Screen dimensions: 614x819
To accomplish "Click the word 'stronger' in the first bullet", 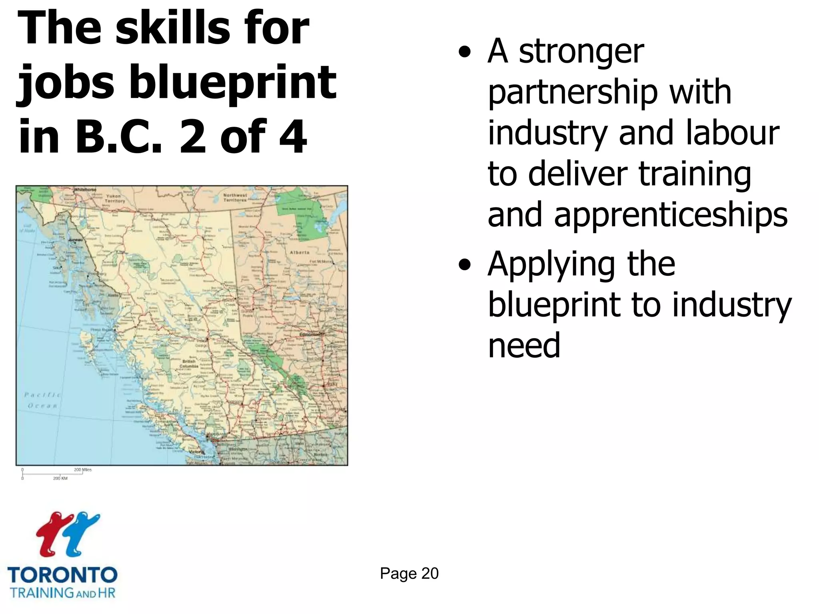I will tap(581, 52).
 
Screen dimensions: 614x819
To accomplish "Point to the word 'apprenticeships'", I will tap(637, 215).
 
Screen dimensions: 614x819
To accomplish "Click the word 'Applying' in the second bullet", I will tap(551, 265).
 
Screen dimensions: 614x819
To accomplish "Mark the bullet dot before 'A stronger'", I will tap(464, 52).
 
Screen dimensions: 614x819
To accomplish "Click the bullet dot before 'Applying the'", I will tap(464, 265).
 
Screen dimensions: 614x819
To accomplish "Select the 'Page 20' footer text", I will tap(409, 573).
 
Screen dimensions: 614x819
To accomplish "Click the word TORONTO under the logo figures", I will tap(62, 575).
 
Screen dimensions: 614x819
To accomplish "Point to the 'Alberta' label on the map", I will tap(300, 253).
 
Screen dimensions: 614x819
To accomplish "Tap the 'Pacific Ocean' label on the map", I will tap(42, 400).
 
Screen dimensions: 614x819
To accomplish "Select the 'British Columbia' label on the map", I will tap(189, 363).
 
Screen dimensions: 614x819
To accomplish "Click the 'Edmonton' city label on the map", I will tap(310, 334).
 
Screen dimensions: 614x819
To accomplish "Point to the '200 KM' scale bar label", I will tap(60, 478).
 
